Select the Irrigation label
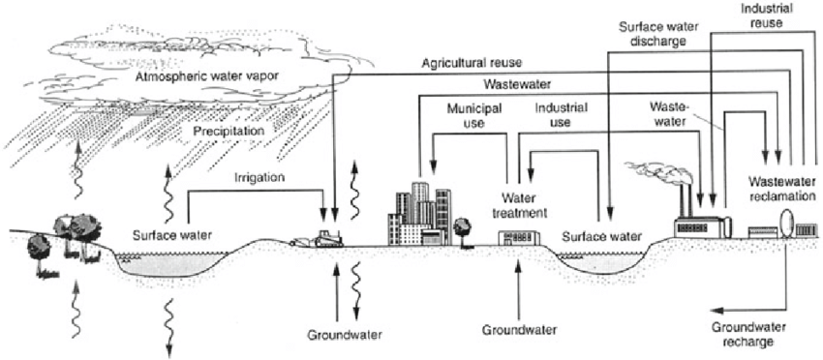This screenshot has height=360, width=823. (259, 178)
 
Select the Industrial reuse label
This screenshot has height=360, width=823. (762, 14)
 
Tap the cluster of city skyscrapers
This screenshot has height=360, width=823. (418, 213)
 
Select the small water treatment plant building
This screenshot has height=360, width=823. (515, 238)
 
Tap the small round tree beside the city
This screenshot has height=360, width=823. (462, 227)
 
